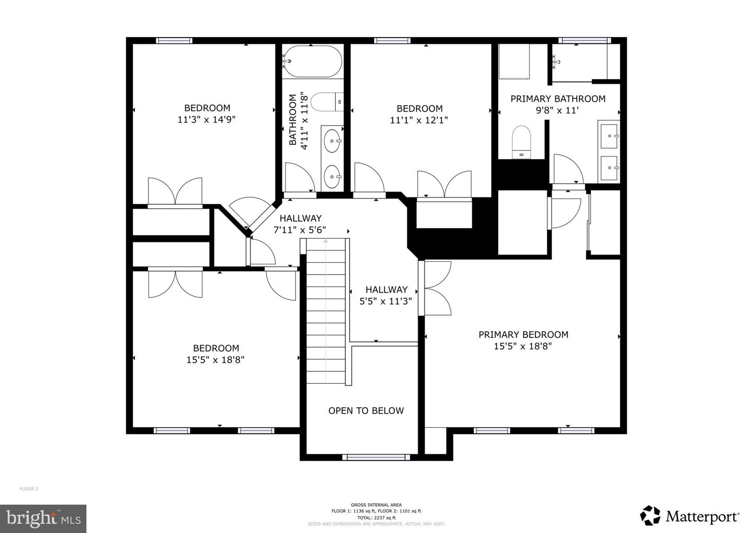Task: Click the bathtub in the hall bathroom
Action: [312, 62]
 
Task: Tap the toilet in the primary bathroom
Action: [521, 141]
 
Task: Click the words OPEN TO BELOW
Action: [366, 410]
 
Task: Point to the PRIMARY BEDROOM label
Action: [523, 335]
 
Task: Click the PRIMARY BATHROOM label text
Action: [557, 98]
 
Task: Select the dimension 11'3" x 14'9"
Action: [207, 119]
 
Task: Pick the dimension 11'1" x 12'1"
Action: [419, 120]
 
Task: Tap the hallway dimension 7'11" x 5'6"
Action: [300, 229]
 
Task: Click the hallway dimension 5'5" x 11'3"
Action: [386, 301]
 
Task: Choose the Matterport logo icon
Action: [650, 515]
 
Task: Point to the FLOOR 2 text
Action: [29, 489]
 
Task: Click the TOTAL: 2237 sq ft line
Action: [376, 517]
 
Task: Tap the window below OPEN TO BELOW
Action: [376, 457]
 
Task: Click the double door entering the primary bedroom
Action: [435, 288]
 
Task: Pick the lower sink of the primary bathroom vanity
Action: [610, 168]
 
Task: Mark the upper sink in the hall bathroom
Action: [332, 140]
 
